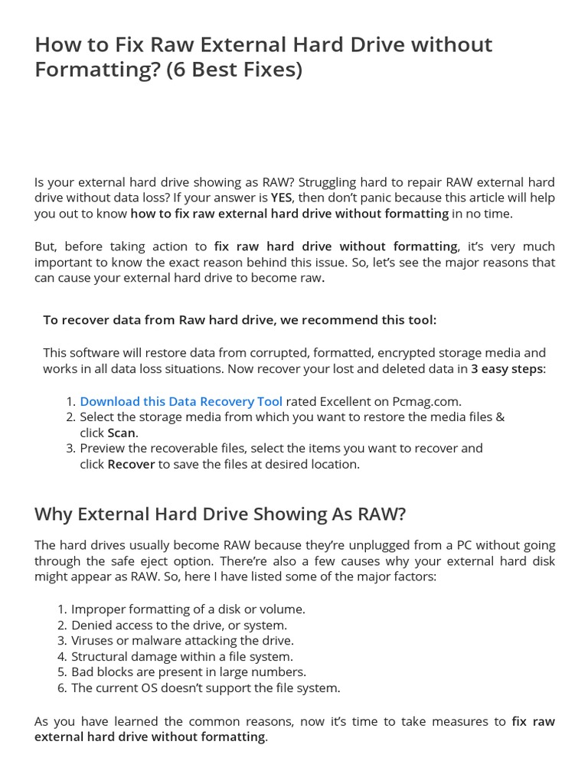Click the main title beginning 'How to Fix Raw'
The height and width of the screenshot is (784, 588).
click(x=263, y=45)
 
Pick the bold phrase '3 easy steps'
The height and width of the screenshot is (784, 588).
click(x=506, y=369)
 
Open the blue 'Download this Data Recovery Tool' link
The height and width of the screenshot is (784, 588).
click(x=181, y=401)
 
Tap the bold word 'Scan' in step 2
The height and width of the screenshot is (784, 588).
click(x=121, y=433)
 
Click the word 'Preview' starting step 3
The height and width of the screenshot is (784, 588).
click(x=102, y=448)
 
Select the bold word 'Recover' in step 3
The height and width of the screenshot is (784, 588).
click(x=131, y=464)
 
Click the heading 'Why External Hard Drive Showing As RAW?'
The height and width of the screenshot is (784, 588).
click(x=220, y=514)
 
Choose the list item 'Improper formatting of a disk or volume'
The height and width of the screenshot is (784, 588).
click(x=188, y=609)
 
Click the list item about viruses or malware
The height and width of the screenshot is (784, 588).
click(x=182, y=641)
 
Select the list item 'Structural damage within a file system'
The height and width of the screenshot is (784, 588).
click(x=181, y=656)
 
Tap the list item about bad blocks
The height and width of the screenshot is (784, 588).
click(x=188, y=672)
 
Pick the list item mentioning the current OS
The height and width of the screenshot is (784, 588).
click(x=205, y=688)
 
